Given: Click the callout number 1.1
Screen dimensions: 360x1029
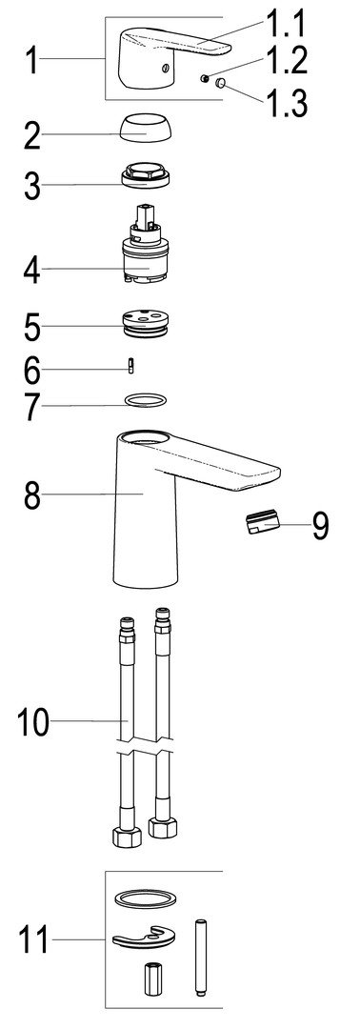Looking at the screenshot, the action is [287, 27].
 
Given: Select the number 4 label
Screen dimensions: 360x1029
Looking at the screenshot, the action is [32, 271].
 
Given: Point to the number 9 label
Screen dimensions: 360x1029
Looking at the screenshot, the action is [321, 525].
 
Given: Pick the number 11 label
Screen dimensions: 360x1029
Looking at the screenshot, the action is [33, 939].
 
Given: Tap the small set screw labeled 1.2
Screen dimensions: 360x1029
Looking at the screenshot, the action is [206, 79].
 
